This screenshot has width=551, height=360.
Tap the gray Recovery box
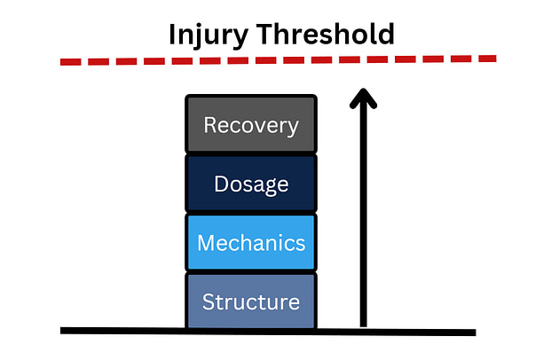coord(251,125)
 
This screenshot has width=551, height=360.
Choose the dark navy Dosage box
coord(251,184)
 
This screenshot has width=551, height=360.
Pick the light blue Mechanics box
coord(251,242)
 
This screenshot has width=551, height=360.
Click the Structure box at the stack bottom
coord(251,301)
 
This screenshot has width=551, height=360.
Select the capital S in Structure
coord(209,301)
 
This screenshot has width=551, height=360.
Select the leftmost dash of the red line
coord(71,62)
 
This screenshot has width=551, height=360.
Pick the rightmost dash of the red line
coord(486,59)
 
